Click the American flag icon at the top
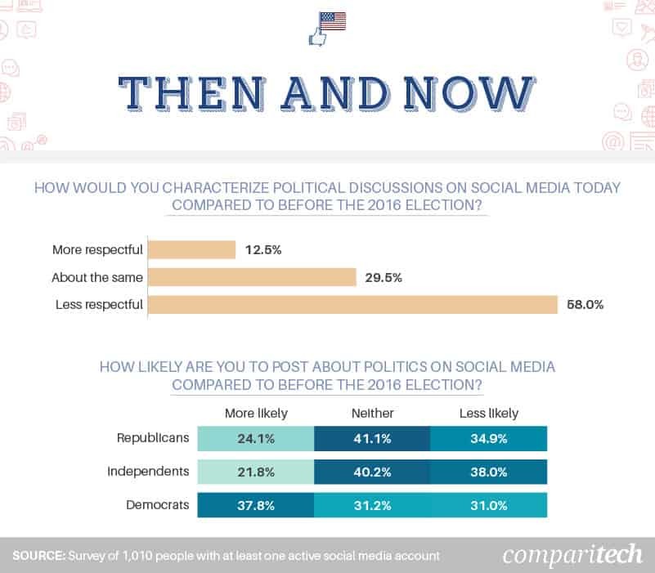(x=333, y=21)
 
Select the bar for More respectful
(x=191, y=250)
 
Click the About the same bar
(x=252, y=278)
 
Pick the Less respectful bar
(x=352, y=305)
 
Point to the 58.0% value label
(x=585, y=305)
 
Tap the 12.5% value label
(x=262, y=250)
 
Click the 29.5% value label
(x=384, y=278)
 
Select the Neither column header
(x=372, y=413)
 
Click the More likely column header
(x=257, y=413)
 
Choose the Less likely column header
(x=488, y=413)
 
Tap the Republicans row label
(x=153, y=438)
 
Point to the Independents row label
(x=148, y=472)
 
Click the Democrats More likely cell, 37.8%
(x=257, y=504)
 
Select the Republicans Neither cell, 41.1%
(x=372, y=438)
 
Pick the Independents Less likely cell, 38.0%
(x=488, y=472)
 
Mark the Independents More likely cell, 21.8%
(x=257, y=472)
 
